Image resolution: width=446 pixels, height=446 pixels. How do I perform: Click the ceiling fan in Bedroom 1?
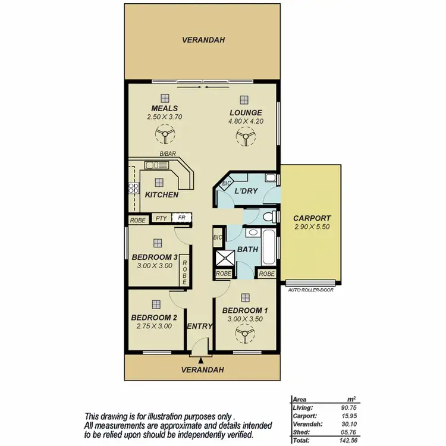[x=244, y=336]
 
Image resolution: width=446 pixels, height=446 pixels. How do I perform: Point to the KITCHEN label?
[x=162, y=195]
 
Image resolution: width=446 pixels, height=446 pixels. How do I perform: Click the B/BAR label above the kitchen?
[x=167, y=154]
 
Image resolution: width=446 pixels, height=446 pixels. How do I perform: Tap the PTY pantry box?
[x=161, y=218]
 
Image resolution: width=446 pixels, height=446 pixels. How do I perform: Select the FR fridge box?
[x=181, y=218]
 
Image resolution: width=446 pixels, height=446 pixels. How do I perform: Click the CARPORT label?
[x=312, y=218]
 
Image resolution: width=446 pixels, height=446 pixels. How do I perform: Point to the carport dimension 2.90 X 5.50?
[x=312, y=227]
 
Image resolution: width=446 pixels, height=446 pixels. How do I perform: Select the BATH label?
[x=247, y=250]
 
